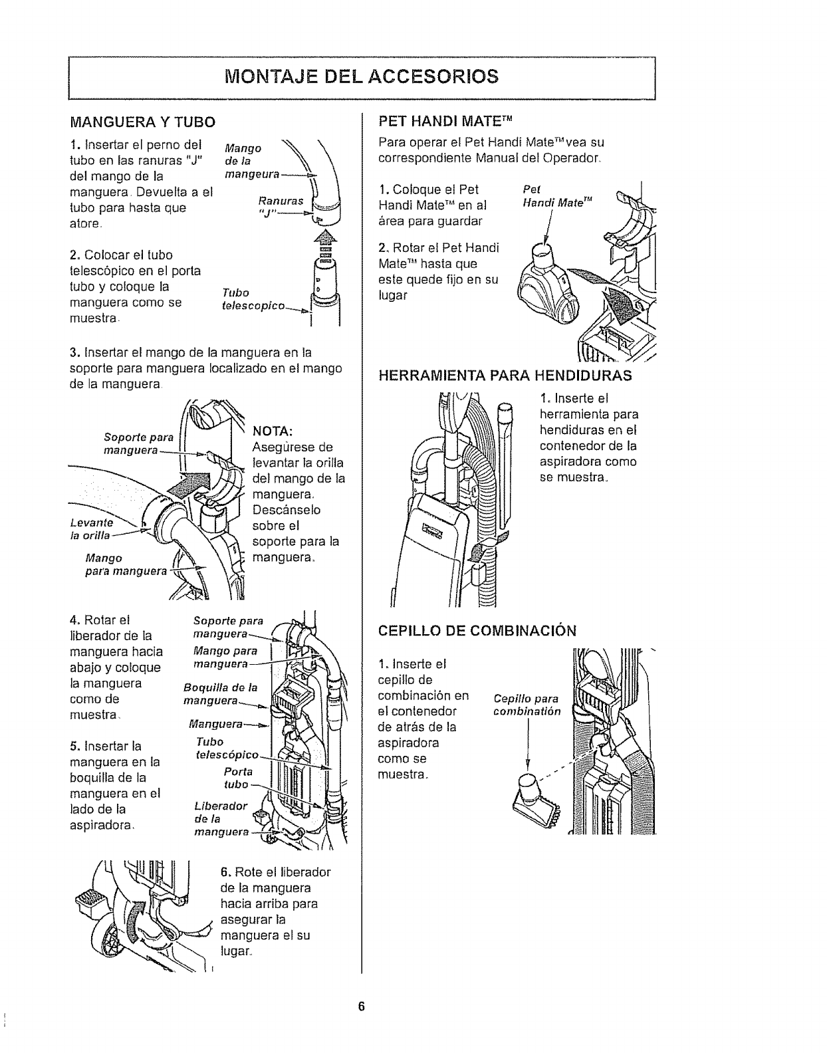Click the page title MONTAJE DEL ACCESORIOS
tap(362, 75)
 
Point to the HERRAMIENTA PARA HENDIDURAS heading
tap(504, 376)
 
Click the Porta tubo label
tap(237, 778)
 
